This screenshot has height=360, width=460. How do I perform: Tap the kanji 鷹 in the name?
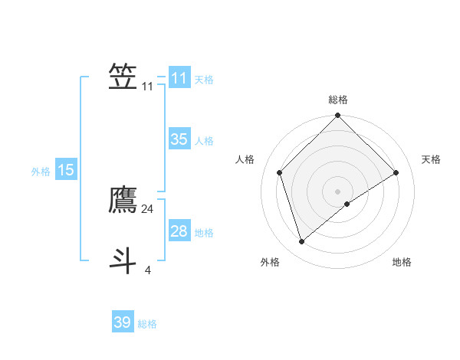(123, 200)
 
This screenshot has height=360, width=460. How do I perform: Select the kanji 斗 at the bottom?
(123, 260)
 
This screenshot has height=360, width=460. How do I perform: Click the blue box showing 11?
(179, 78)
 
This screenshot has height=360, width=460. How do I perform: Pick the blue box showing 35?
(179, 139)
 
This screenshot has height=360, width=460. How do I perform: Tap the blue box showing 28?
(179, 231)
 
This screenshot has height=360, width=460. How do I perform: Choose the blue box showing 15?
(66, 170)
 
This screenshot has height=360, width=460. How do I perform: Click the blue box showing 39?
(122, 322)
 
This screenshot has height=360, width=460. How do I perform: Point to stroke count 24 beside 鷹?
(147, 208)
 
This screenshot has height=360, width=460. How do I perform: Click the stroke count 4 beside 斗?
(147, 270)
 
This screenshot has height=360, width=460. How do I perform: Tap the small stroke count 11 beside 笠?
(147, 87)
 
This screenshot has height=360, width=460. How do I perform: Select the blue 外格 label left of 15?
(41, 172)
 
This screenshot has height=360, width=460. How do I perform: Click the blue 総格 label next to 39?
(147, 324)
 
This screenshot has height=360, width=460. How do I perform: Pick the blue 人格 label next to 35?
(204, 141)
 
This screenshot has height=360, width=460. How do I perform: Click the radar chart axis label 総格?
(338, 100)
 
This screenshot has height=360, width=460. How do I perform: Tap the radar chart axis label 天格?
(431, 159)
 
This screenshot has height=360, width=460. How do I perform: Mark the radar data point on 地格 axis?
(347, 204)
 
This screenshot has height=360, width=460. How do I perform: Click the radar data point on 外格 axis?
(301, 241)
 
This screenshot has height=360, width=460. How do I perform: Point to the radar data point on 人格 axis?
(280, 172)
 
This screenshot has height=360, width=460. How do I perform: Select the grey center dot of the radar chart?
(338, 191)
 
